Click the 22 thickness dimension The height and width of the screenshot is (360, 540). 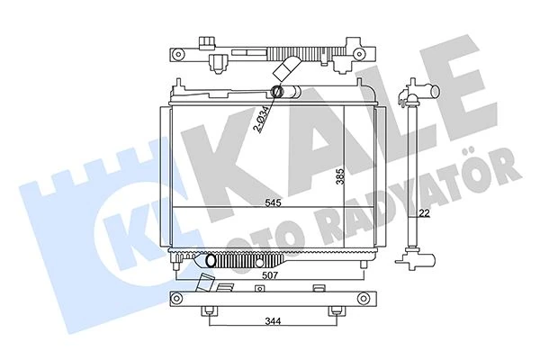pos(423,213)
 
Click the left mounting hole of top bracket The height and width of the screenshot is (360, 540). pos(178,53)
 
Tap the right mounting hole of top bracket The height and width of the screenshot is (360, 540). pos(370,53)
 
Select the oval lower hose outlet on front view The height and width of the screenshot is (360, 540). pos(212,260)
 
